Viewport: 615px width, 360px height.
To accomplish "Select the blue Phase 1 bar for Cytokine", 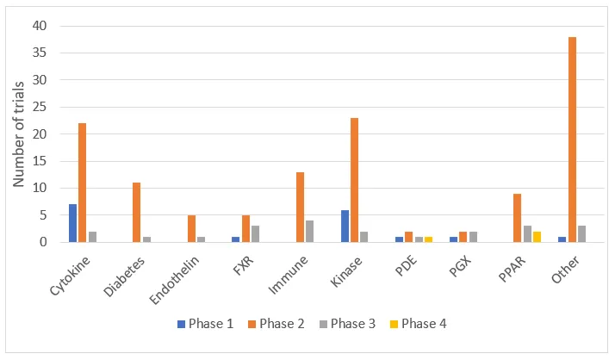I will [73, 223].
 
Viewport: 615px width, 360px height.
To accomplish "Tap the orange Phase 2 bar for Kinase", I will [355, 180].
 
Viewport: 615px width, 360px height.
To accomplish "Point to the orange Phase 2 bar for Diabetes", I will [136, 213].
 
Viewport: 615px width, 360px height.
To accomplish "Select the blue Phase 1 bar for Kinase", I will [345, 226].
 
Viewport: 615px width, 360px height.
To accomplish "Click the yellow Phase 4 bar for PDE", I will [429, 239].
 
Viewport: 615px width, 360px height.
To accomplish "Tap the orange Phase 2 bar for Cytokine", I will [83, 183].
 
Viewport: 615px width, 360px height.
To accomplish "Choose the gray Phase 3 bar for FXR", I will [256, 234].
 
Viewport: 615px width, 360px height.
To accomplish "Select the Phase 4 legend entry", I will [416, 324].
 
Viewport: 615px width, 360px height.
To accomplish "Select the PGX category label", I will [454, 263].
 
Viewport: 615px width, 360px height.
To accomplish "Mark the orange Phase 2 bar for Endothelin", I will [191, 229].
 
